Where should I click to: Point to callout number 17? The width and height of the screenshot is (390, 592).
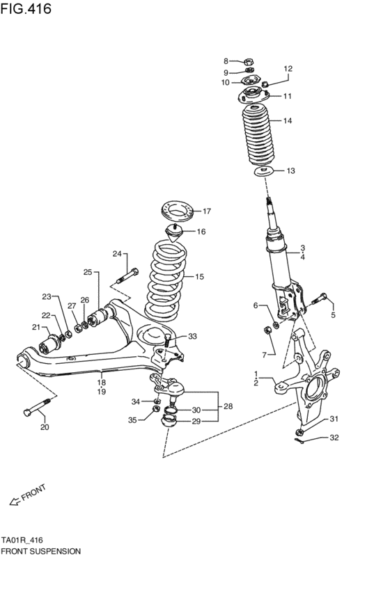pyautogui.click(x=206, y=211)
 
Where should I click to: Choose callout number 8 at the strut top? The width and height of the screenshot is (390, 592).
pyautogui.click(x=226, y=61)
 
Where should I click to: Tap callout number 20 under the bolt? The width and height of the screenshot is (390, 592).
pyautogui.click(x=45, y=427)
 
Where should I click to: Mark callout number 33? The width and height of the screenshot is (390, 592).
pyautogui.click(x=192, y=337)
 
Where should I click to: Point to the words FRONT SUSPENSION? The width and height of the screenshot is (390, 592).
pyautogui.click(x=41, y=550)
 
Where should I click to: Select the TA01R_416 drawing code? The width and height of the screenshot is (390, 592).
pyautogui.click(x=26, y=539)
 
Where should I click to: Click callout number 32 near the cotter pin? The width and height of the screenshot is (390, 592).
pyautogui.click(x=334, y=438)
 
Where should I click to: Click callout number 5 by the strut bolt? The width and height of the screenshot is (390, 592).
pyautogui.click(x=332, y=315)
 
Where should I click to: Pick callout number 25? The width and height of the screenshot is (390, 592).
pyautogui.click(x=88, y=271)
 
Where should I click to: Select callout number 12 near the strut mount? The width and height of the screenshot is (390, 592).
pyautogui.click(x=288, y=69)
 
